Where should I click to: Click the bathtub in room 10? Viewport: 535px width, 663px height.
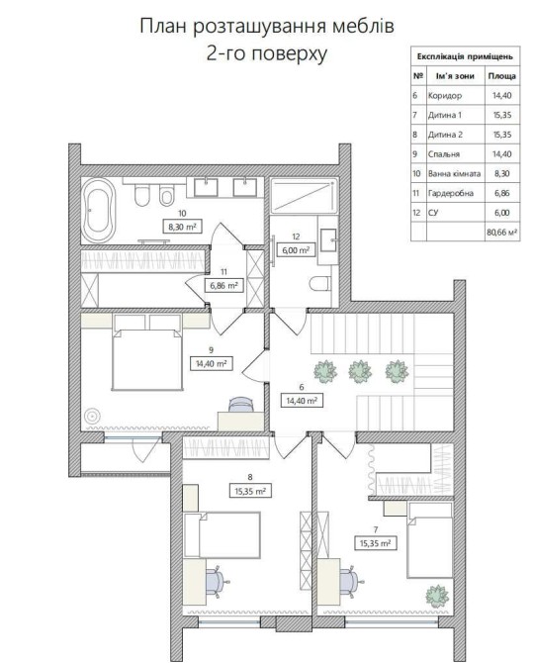coord(98,210)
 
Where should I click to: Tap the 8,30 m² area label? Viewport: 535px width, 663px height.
coord(182,227)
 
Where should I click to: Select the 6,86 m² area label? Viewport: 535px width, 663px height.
coord(223,285)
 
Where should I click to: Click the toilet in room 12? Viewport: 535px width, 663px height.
coord(319,283)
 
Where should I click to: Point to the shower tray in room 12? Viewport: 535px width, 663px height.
coord(304,196)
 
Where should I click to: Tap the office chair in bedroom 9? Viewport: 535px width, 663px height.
coord(241,404)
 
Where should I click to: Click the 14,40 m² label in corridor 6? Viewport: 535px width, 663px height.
coord(302,400)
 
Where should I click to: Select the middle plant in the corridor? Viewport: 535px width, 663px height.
coord(360,371)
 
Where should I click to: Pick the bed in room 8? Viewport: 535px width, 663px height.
coord(223,535)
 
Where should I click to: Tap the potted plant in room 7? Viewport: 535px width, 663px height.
coord(437,596)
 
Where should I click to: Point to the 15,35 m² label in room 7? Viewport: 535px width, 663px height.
coord(375,543)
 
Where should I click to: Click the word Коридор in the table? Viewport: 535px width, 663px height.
coord(445,96)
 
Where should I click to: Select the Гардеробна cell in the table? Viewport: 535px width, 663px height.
coord(456,193)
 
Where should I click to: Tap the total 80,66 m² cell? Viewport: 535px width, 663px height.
coord(502,233)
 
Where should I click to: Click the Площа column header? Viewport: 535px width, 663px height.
coord(502,76)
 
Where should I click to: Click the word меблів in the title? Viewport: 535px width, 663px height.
coord(364,26)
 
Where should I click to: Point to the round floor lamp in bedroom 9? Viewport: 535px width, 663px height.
coord(92,417)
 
